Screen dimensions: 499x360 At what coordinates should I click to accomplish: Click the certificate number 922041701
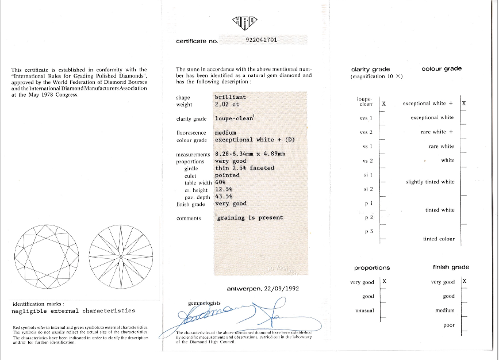(261, 40)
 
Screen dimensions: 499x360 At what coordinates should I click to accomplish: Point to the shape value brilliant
(230, 97)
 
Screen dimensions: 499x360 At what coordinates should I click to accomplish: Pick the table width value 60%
(221, 182)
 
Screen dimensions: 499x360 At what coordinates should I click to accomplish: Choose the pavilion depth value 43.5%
(224, 196)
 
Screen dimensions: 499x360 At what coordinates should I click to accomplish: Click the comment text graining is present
(249, 218)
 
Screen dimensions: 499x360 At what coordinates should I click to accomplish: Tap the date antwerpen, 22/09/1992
(262, 288)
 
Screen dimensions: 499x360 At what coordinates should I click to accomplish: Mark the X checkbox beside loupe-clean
(383, 104)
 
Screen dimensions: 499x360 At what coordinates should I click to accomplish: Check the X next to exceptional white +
(463, 104)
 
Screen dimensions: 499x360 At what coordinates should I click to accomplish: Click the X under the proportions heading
(384, 281)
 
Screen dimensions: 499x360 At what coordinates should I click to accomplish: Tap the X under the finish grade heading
(464, 281)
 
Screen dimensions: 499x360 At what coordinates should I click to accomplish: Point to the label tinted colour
(438, 239)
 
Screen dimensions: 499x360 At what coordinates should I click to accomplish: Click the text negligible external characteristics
(73, 311)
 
